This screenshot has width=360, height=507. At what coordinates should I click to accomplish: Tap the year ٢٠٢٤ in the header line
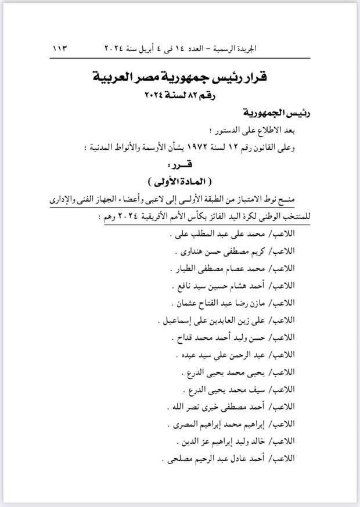tap(119, 48)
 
